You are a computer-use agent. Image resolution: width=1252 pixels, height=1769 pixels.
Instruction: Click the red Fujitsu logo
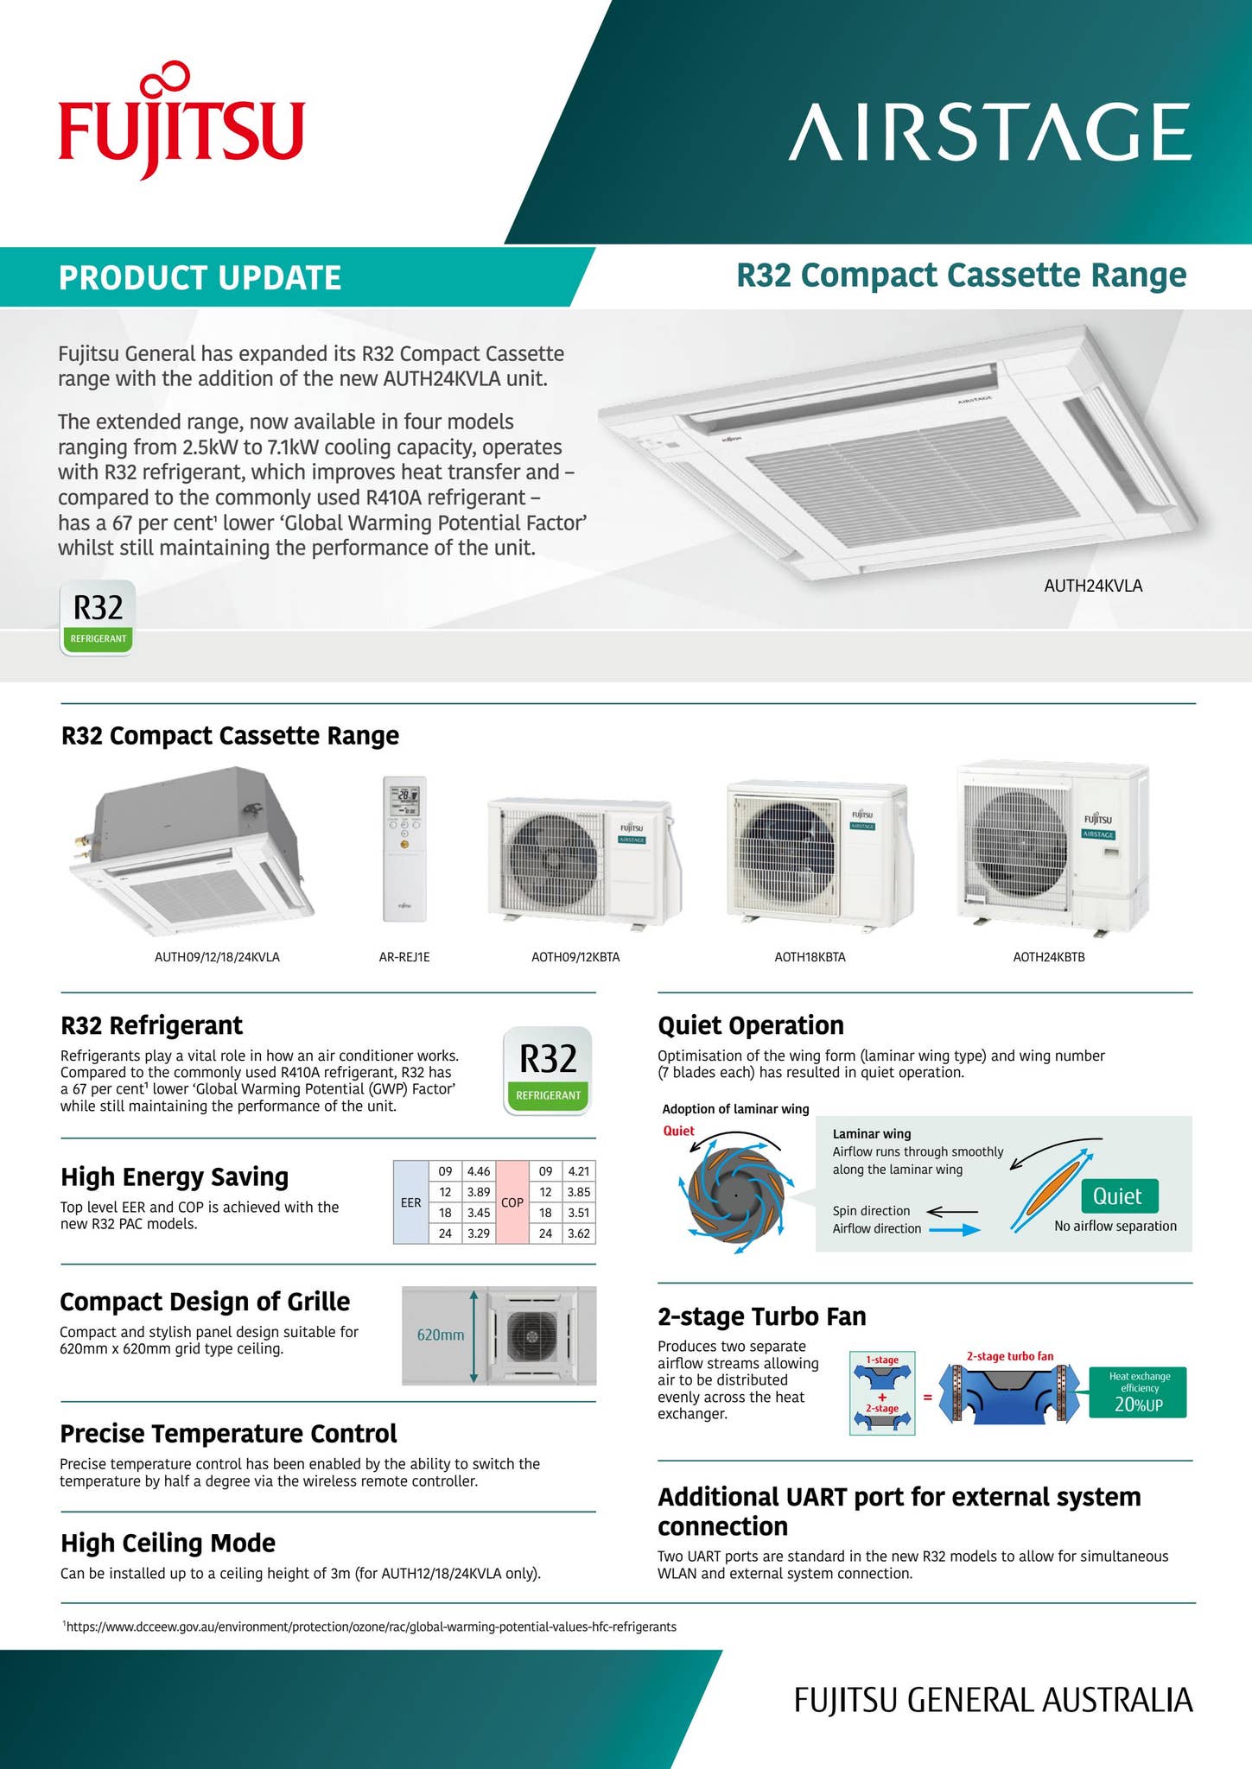181,125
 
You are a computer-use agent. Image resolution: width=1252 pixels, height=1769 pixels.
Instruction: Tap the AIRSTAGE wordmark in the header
989,132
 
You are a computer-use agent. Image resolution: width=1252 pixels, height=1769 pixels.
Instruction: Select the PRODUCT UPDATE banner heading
200,278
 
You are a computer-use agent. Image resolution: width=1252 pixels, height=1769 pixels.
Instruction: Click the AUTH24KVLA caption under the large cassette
1093,586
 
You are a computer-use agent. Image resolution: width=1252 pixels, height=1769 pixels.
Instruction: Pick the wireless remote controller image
404,849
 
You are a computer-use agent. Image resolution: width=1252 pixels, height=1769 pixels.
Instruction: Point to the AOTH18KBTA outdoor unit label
810,957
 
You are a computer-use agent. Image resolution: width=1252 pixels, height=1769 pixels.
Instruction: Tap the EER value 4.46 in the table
478,1171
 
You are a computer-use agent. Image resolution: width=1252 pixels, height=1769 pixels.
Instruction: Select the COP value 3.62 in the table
578,1233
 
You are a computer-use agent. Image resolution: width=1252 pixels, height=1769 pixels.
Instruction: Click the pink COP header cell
512,1202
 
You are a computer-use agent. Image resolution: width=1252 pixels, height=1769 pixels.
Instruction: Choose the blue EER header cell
411,1202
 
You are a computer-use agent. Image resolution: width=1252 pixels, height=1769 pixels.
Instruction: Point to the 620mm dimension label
441,1335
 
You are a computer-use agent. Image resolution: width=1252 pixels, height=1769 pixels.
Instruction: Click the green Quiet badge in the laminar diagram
1118,1196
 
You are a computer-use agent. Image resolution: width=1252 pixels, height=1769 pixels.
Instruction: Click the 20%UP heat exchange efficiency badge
1137,1392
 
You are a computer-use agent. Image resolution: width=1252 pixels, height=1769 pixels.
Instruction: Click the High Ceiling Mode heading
168,1543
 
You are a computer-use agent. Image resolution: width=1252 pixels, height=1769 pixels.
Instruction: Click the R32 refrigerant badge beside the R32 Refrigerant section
548,1069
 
